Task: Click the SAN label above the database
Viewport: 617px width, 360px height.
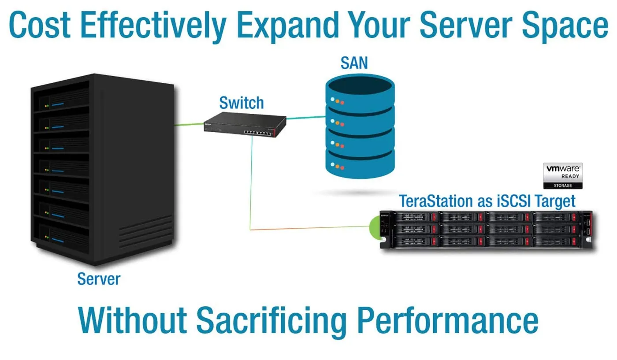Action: point(354,63)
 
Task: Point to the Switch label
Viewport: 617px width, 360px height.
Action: point(242,103)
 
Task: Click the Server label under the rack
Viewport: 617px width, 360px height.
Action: point(99,278)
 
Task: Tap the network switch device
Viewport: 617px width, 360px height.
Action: point(245,125)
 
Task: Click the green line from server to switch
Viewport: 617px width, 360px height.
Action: point(189,125)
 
